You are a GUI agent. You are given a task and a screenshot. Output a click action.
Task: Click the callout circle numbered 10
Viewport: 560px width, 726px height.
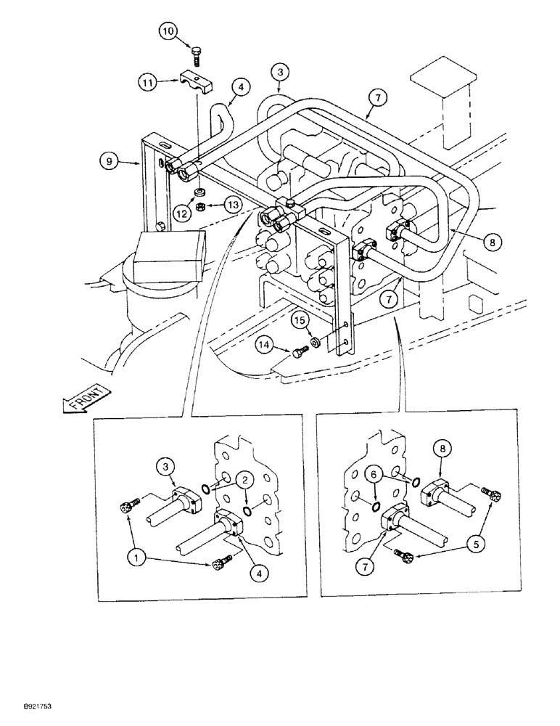pos(168,32)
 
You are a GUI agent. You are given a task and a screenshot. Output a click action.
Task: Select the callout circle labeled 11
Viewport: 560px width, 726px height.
pos(148,83)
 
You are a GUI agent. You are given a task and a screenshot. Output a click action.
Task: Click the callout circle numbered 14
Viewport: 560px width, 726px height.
pos(267,347)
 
